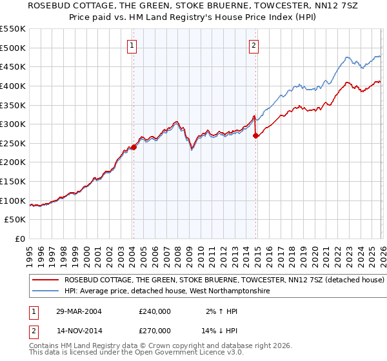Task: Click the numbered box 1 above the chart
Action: [x=132, y=45]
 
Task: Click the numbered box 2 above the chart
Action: [x=254, y=45]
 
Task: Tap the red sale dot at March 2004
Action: [x=134, y=147]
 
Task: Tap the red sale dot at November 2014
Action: [x=256, y=136]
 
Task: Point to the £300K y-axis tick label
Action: [x=13, y=124]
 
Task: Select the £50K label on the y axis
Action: [x=15, y=220]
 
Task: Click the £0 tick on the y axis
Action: [x=19, y=239]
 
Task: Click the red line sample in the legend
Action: [x=45, y=280]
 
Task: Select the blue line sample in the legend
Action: [x=45, y=291]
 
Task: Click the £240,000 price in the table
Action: [x=155, y=311]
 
